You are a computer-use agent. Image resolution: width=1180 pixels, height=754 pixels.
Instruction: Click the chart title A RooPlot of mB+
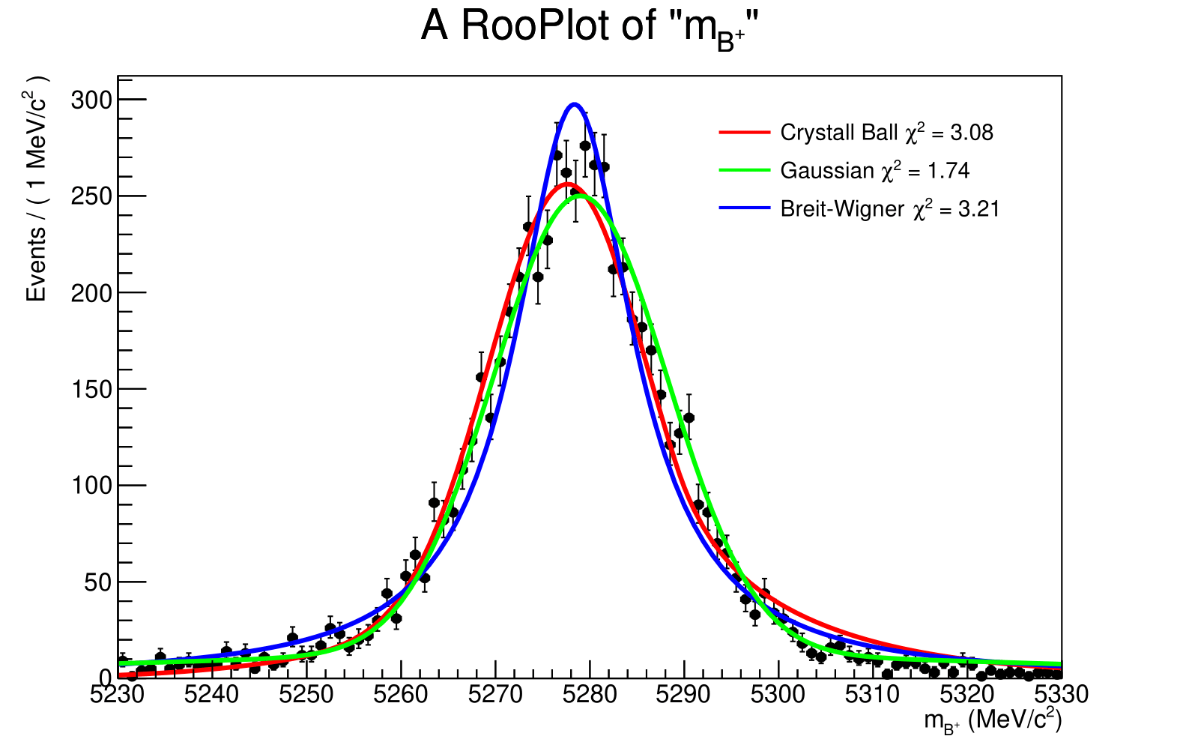(x=590, y=28)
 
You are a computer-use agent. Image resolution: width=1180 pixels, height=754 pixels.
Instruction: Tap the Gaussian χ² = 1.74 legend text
(x=874, y=171)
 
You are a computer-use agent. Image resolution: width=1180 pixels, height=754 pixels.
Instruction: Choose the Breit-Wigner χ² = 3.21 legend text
(x=889, y=209)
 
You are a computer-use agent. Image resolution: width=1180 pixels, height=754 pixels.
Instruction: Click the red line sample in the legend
(x=745, y=133)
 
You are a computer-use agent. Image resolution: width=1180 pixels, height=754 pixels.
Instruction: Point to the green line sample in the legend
(x=745, y=171)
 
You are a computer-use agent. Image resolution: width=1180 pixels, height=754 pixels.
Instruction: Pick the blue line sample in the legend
(x=745, y=209)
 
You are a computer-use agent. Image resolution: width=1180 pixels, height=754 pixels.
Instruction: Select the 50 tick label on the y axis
(x=97, y=582)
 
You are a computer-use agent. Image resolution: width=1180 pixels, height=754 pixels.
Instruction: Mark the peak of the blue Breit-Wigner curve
(x=574, y=104)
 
